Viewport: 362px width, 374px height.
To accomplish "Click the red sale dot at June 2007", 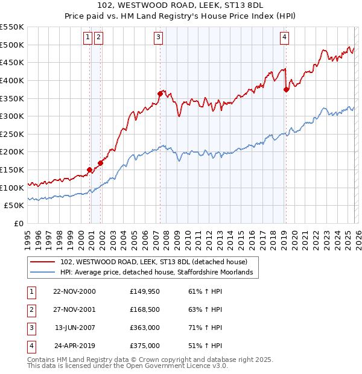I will [160, 93].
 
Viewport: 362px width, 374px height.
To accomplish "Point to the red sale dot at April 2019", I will [286, 89].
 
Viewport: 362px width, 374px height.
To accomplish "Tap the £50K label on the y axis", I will [14, 205].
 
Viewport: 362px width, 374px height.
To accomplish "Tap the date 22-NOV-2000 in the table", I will [74, 291].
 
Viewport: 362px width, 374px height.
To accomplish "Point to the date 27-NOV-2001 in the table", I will [74, 309].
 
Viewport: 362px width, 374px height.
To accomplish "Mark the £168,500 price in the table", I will [144, 309].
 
